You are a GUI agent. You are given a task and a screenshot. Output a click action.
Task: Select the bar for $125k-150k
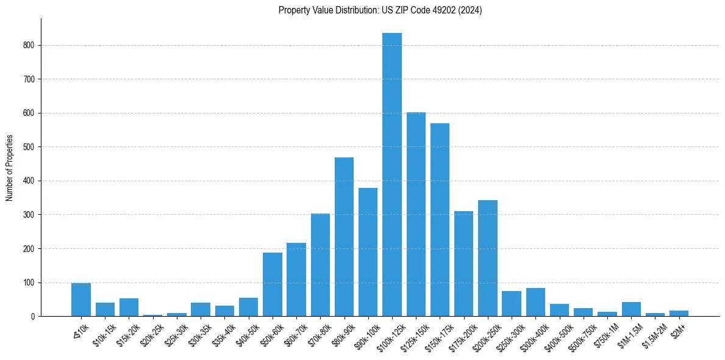click(x=416, y=214)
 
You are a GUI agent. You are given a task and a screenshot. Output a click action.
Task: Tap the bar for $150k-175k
click(x=440, y=220)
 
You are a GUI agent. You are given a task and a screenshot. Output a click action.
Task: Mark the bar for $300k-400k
click(x=535, y=302)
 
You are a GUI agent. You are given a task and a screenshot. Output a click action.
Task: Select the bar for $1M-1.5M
click(x=631, y=309)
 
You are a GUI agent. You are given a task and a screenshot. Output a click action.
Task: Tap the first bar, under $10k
click(x=81, y=300)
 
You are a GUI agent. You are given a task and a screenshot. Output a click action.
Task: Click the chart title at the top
click(x=380, y=10)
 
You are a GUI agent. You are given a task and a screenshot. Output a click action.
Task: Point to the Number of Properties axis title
click(x=9, y=168)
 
